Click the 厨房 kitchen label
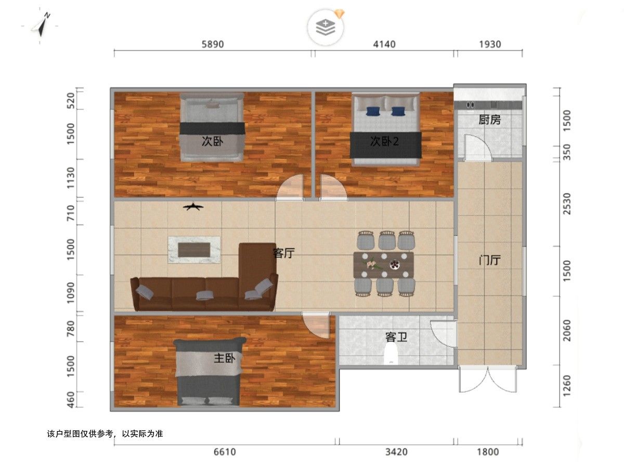point(489,120)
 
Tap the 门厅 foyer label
point(489,260)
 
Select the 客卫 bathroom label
point(396,337)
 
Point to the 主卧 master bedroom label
point(224,358)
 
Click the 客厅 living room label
point(284,253)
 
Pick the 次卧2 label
point(384,141)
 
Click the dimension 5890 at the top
point(213,44)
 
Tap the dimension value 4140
point(384,44)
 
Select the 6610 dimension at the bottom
point(225,452)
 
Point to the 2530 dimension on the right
point(567,203)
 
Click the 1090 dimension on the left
point(71,293)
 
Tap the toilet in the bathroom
point(391,354)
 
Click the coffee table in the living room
point(194,250)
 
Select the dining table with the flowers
point(383,265)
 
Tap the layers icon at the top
point(326,27)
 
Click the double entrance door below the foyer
point(488,379)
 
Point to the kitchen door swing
point(477,148)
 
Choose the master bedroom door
point(316,326)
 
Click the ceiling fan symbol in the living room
point(193,207)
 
